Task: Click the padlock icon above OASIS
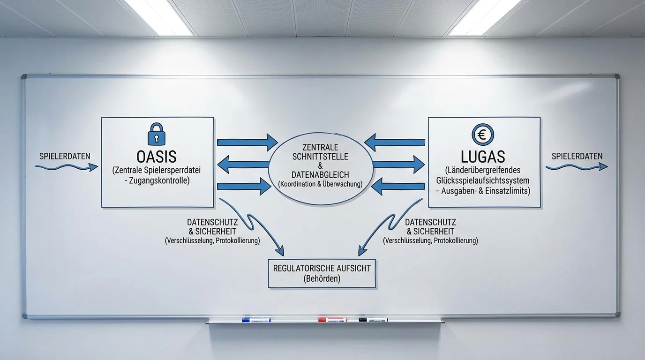tap(157, 134)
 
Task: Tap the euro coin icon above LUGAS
tap(483, 135)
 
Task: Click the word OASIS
tap(157, 157)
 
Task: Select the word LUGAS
tap(483, 157)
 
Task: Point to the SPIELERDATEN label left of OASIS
tap(65, 157)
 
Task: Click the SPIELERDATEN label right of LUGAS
tap(577, 157)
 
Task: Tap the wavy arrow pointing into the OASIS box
tap(67, 167)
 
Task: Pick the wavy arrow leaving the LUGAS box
tap(577, 167)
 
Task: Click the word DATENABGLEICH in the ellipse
tap(320, 175)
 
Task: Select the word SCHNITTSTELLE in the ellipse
tap(320, 157)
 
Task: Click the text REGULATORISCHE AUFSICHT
tap(322, 269)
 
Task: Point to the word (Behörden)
tap(322, 279)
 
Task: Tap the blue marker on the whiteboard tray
tap(256, 320)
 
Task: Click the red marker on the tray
tap(333, 320)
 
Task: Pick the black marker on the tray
tap(374, 320)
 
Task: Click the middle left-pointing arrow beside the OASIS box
tap(243, 165)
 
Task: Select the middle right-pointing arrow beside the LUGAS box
tap(398, 165)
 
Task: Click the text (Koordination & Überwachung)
tap(320, 184)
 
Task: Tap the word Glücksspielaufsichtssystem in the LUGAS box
tap(483, 180)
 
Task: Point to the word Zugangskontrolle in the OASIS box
tap(159, 180)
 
